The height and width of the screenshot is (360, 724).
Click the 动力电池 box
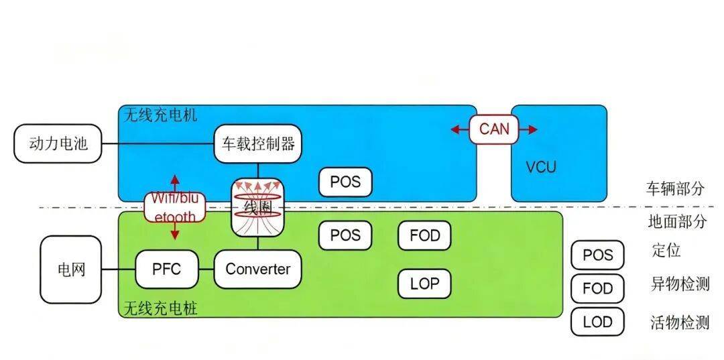(58, 143)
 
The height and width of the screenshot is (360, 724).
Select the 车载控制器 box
(257, 143)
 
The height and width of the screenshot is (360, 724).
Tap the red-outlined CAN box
(494, 129)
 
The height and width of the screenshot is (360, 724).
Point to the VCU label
(541, 167)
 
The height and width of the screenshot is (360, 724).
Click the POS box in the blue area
(345, 182)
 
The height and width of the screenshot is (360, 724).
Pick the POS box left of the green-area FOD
(345, 235)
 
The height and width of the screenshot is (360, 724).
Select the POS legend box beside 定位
(597, 255)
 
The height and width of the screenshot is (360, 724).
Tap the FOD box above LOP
(425, 235)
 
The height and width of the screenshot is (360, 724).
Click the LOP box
(425, 284)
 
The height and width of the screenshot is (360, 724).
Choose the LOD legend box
(597, 322)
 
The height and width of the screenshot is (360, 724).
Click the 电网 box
(70, 269)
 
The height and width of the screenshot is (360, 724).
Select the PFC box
(167, 269)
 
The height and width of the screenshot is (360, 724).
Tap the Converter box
(257, 269)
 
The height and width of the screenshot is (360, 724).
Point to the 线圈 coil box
(257, 206)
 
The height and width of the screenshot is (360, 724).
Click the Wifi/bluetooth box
(174, 207)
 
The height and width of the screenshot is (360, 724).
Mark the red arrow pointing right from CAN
(528, 129)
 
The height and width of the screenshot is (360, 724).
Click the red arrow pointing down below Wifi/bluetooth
(174, 231)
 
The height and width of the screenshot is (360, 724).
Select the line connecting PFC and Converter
(206, 269)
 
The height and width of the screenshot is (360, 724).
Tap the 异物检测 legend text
(680, 284)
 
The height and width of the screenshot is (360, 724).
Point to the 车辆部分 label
(676, 188)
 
